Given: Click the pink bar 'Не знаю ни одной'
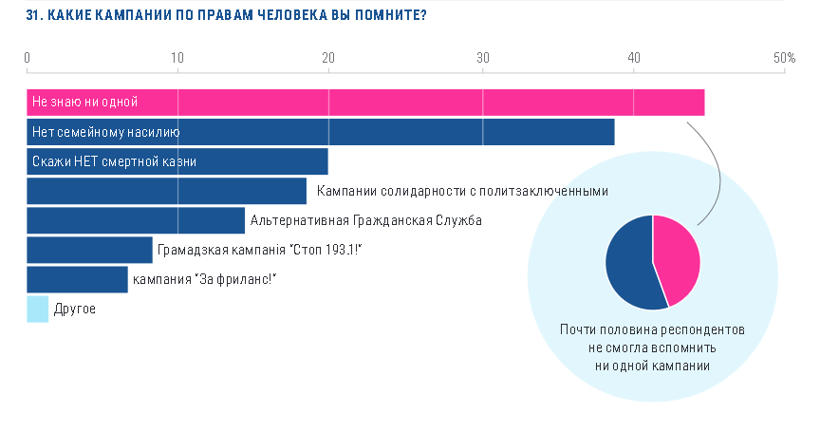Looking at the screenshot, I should [x=365, y=102].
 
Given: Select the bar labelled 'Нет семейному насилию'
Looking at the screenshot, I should [x=320, y=132].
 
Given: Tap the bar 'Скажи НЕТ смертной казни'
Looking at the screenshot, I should [x=177, y=161].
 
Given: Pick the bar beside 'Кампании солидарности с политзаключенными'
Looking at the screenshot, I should [x=166, y=191].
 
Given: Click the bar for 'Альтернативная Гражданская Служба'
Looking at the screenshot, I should [x=135, y=220].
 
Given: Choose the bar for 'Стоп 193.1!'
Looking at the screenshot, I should [x=89, y=250].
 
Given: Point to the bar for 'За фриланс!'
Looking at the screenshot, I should [x=77, y=279].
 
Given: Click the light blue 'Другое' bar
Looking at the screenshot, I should [x=37, y=309].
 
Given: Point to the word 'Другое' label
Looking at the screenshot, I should [x=75, y=309].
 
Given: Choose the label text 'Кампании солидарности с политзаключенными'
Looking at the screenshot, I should [x=461, y=191].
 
